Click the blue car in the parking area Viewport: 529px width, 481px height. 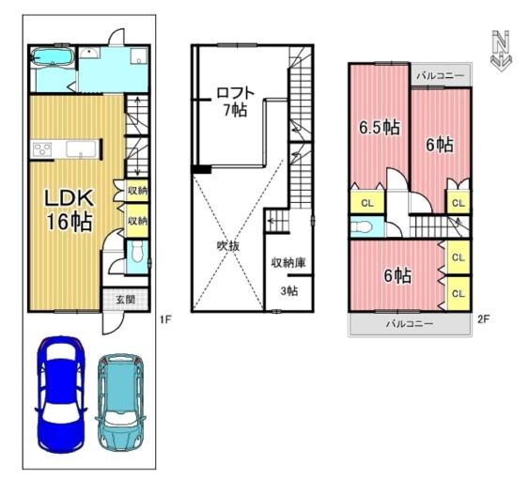tap(61, 394)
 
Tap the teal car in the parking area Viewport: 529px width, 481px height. tap(121, 402)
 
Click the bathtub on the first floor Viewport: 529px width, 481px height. tap(53, 56)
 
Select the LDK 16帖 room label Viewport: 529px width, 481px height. tap(70, 209)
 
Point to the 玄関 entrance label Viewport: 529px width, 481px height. tap(126, 299)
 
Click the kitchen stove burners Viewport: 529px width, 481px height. tap(42, 149)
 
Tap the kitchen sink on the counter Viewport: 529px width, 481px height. tap(82, 149)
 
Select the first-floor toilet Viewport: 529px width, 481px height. tap(137, 252)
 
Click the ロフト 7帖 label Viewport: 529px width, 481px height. tap(235, 101)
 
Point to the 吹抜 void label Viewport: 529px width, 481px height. tap(228, 246)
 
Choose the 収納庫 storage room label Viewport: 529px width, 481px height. tap(288, 262)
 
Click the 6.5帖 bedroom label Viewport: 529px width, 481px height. tap(380, 127)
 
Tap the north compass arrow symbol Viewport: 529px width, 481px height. tap(501, 51)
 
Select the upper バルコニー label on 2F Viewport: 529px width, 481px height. tap(441, 75)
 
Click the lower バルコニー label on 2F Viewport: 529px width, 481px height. tap(410, 324)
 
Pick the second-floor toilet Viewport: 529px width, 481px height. tap(359, 227)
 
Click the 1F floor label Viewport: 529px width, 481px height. tap(166, 319)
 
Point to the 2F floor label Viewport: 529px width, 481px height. tap(483, 319)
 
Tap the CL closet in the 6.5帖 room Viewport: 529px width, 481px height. tap(367, 202)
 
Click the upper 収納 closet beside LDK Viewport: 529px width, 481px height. tap(137, 191)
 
